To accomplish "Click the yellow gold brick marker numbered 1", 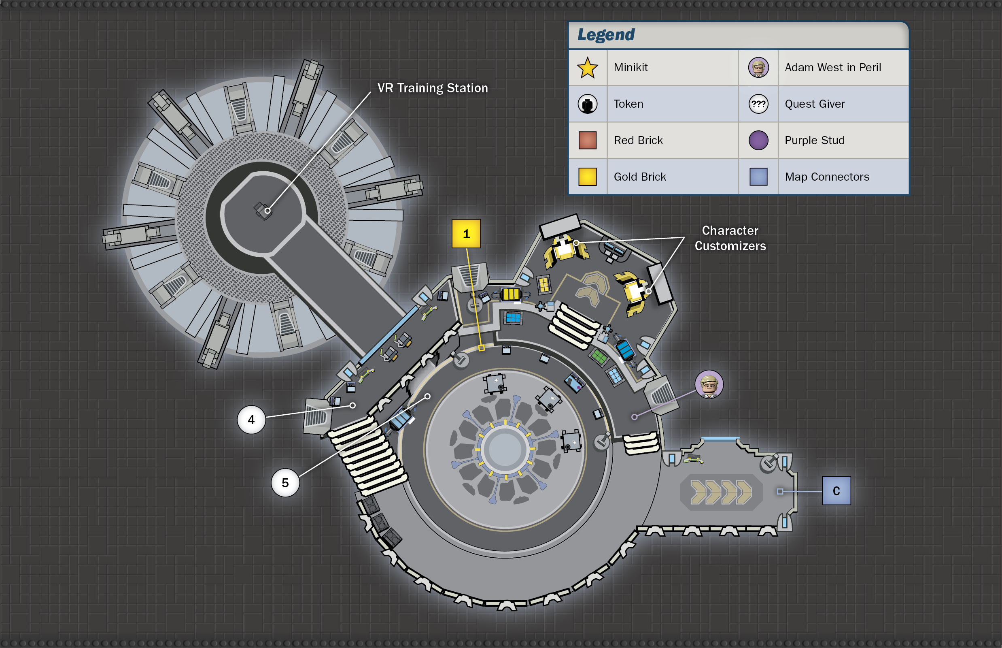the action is (x=466, y=234).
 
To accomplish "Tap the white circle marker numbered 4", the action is (x=251, y=420).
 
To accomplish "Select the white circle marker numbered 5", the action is (x=285, y=483).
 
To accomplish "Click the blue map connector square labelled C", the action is (x=836, y=490).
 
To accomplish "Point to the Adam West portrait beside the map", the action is (x=709, y=384).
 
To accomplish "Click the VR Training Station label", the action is (x=433, y=88).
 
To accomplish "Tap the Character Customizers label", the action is (x=730, y=238).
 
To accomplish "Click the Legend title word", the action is (x=606, y=34).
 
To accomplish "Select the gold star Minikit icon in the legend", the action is (x=588, y=68).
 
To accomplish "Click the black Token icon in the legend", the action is (x=588, y=104).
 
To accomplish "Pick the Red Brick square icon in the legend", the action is (x=588, y=140).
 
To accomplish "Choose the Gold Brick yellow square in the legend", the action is (x=588, y=177).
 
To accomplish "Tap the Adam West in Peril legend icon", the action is (x=758, y=67).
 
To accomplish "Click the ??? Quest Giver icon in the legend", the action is (x=758, y=104).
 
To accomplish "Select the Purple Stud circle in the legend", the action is (x=758, y=140).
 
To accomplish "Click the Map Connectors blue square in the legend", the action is (x=758, y=177).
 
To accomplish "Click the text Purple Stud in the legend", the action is (x=815, y=140).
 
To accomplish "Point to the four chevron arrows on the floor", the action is (x=721, y=492).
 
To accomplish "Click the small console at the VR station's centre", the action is (x=263, y=210).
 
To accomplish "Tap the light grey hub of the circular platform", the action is (x=505, y=450).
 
